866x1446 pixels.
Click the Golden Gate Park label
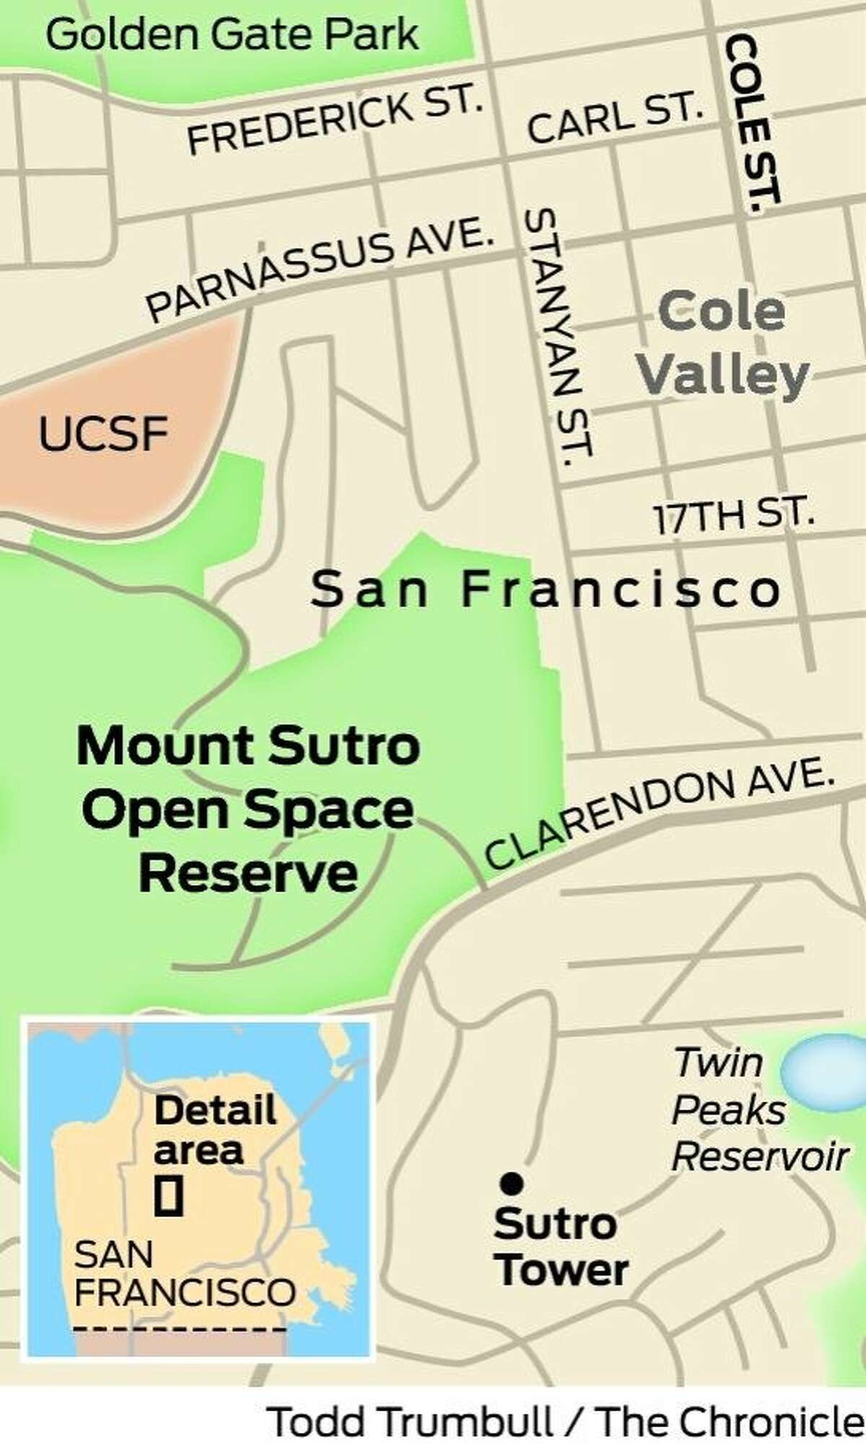click(232, 35)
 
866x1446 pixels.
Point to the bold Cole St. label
click(751, 123)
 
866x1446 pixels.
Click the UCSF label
click(102, 435)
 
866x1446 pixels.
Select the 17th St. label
click(733, 515)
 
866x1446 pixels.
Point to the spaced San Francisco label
click(546, 591)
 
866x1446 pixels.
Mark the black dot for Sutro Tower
click(512, 1183)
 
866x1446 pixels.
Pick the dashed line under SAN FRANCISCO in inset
click(180, 1329)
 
